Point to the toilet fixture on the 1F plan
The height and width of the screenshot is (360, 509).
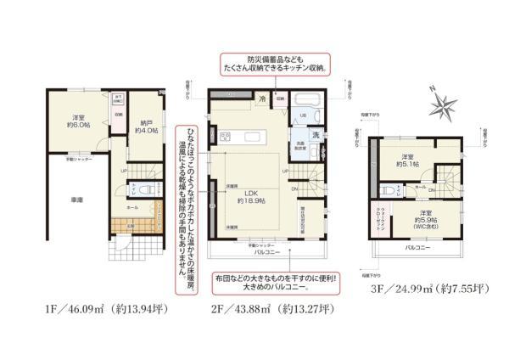pos(145,190)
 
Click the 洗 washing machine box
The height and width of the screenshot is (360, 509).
pos(314,136)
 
